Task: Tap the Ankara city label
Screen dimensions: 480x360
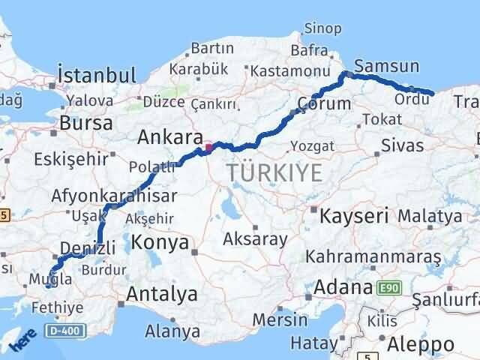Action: click(x=170, y=137)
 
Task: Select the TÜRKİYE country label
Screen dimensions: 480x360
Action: click(x=274, y=173)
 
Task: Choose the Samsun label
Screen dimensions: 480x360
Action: click(x=379, y=66)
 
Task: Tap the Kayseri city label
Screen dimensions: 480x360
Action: click(x=354, y=217)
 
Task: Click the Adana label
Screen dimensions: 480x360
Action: click(x=344, y=286)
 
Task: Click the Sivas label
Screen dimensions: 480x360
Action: click(x=402, y=145)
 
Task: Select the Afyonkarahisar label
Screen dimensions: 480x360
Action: click(x=115, y=196)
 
